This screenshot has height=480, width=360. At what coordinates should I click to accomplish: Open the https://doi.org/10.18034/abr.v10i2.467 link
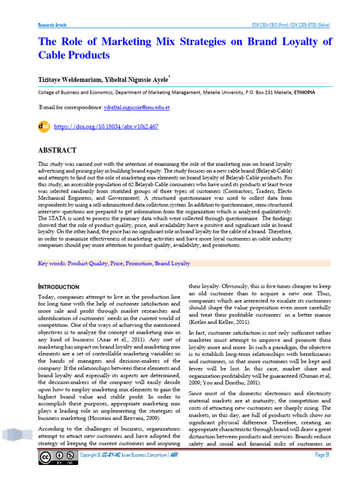[x=106, y=127]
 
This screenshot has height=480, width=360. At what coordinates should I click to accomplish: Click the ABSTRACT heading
[x=57, y=150]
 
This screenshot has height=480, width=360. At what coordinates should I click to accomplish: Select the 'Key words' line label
[x=52, y=263]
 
